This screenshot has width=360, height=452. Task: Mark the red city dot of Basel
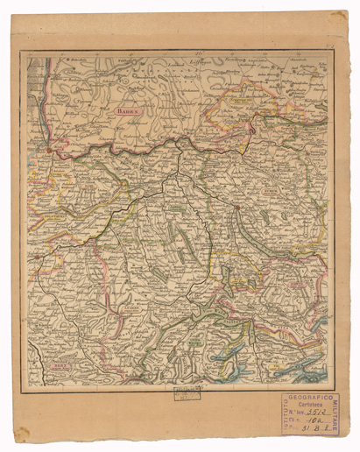(x=50, y=154)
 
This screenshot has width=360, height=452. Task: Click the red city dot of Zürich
(x=236, y=207)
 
